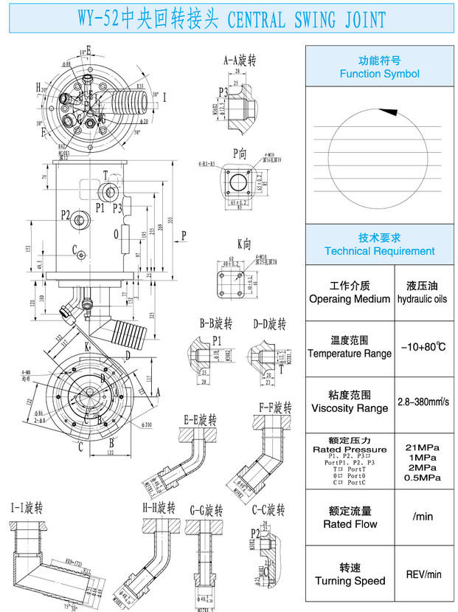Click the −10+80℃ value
coord(423,346)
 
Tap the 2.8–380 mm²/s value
coord(423,402)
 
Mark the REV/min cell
coord(423,574)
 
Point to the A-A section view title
coord(240,60)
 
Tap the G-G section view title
coord(206,510)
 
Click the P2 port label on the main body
coord(66,215)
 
